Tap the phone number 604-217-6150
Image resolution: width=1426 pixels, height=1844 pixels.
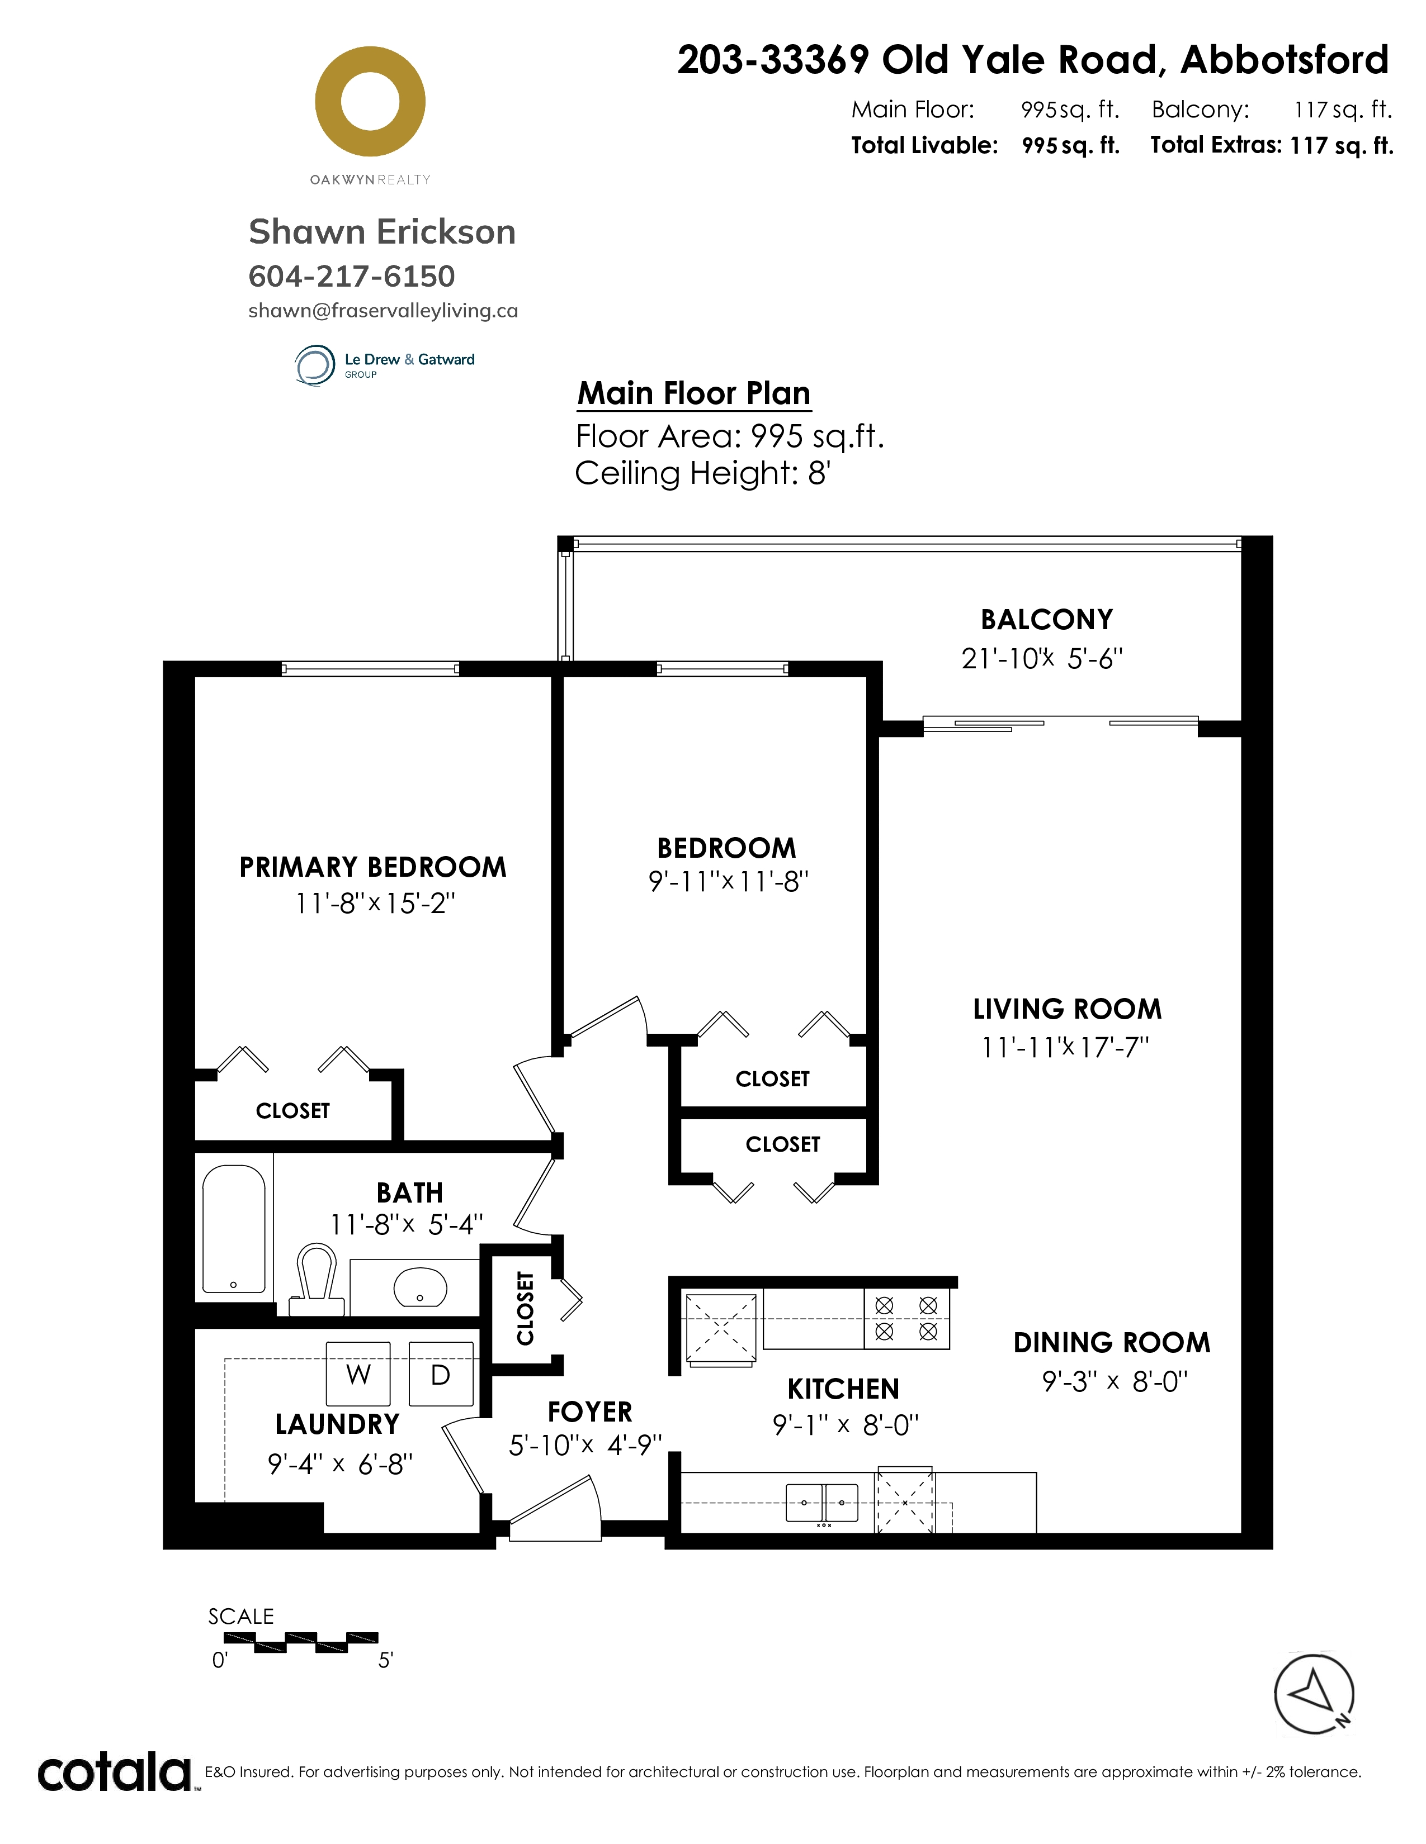351,276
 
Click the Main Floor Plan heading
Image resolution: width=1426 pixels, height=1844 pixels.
693,393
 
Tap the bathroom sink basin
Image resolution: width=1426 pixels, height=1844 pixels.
421,1287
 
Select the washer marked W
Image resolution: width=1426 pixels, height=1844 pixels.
358,1375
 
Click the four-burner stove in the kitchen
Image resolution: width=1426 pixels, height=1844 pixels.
906,1318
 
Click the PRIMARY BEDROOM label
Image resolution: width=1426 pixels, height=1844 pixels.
372,867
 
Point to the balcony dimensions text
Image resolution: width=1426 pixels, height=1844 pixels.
1042,659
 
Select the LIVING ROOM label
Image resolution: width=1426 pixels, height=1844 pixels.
1067,1009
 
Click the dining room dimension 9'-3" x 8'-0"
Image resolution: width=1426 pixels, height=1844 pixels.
1115,1381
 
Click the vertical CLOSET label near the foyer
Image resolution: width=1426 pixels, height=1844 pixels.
526,1308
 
